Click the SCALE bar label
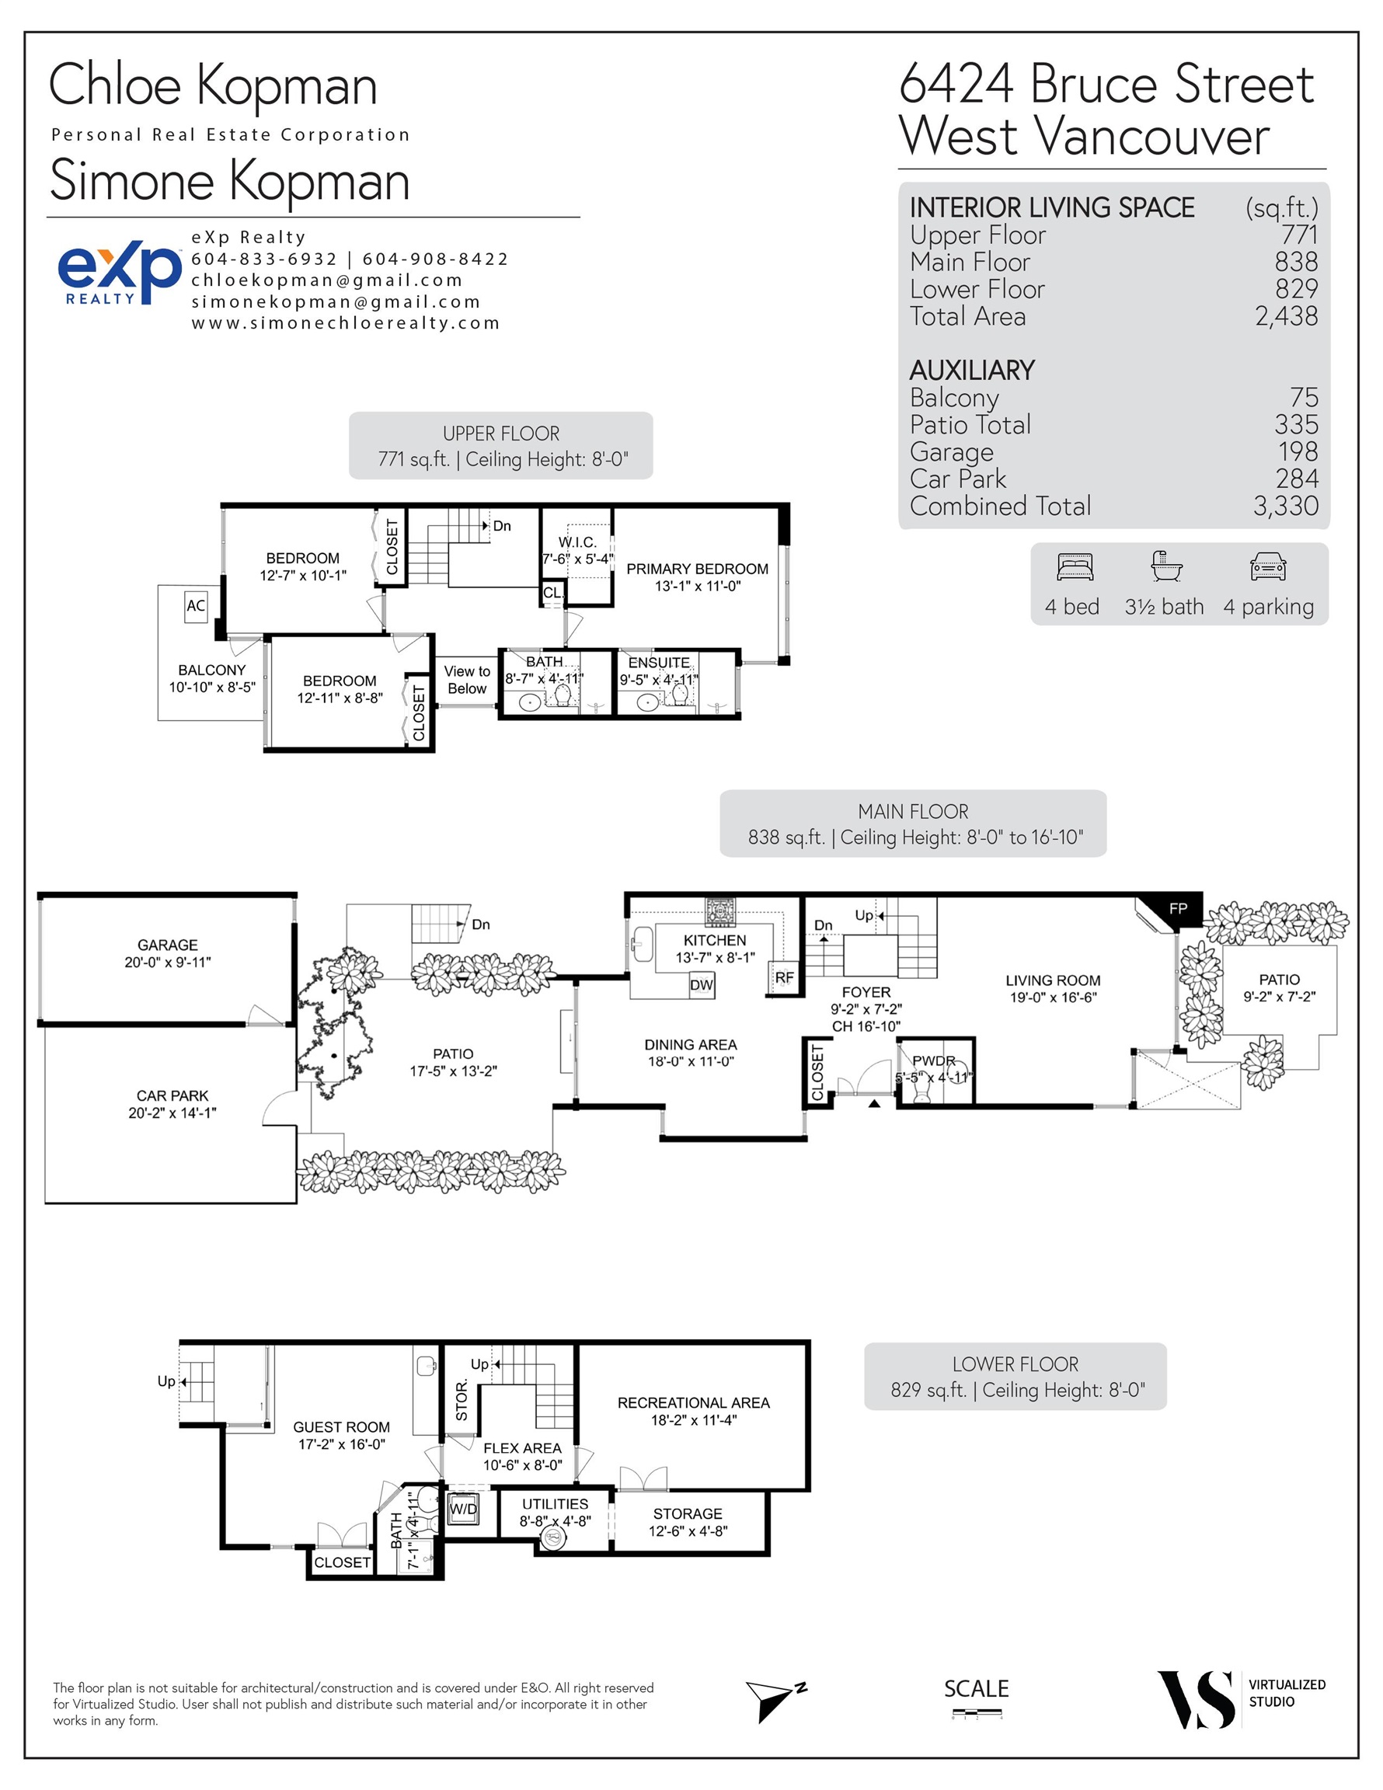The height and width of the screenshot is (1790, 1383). (x=976, y=1688)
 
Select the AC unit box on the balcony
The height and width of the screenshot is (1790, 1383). (x=196, y=607)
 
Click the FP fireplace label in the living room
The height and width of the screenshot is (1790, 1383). (x=1177, y=908)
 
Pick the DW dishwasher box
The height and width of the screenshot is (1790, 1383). (x=702, y=985)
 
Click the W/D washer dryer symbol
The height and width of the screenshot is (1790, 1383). (x=463, y=1509)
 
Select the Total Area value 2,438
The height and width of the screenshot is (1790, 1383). (x=1286, y=316)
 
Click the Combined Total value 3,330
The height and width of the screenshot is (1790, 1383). (x=1285, y=506)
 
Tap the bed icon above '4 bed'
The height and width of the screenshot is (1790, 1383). (x=1075, y=567)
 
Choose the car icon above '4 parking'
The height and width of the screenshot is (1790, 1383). (x=1268, y=566)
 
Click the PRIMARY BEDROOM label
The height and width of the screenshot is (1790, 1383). (x=698, y=569)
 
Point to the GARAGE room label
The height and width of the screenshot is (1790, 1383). (x=167, y=945)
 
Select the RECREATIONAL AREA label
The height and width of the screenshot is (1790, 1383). (x=694, y=1402)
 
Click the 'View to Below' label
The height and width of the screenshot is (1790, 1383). (x=467, y=681)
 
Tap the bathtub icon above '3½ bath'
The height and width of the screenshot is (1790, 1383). (x=1165, y=566)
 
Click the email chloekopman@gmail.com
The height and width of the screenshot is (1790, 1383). (x=327, y=280)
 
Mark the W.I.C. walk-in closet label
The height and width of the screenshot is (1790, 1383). (x=578, y=542)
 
